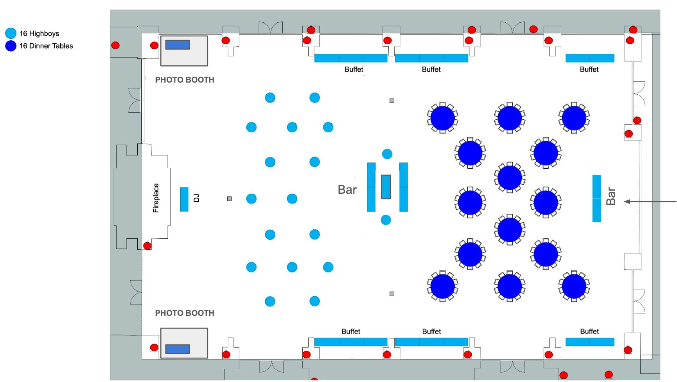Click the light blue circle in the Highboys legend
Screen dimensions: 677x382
[11, 33]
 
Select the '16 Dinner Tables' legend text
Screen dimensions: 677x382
[46, 46]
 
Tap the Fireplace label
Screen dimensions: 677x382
[156, 198]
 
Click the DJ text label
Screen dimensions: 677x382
[196, 198]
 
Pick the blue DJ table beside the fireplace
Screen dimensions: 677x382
[184, 199]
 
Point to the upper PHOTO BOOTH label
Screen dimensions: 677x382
[185, 80]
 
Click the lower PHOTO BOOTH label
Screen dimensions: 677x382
[185, 313]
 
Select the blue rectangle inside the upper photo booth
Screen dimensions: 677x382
[178, 45]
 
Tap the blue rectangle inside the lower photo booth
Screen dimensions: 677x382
[178, 349]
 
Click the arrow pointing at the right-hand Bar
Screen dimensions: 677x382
[650, 202]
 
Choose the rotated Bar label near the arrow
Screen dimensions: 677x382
[611, 196]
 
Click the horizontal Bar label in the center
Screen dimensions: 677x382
[347, 190]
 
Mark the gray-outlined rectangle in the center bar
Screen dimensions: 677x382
[386, 187]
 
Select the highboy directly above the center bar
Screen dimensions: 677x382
[387, 154]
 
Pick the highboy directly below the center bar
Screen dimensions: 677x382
[386, 220]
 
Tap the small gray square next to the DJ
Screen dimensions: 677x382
[230, 199]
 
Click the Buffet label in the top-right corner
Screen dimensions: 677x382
[589, 69]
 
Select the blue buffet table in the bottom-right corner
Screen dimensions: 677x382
[590, 342]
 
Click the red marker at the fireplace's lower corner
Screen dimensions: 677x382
[147, 246]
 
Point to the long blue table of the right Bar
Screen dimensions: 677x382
[597, 198]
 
